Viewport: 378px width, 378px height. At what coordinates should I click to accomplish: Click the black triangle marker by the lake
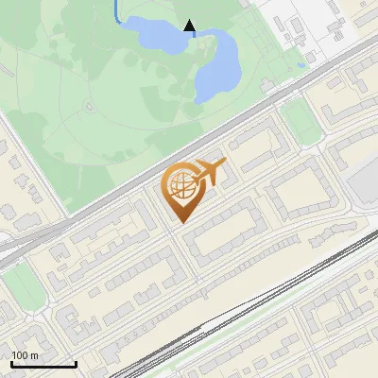point(189,26)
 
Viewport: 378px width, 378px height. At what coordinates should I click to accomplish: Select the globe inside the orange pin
point(180,188)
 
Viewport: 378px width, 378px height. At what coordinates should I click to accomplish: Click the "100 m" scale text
point(26,355)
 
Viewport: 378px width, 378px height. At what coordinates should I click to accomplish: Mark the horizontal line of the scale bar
point(43,365)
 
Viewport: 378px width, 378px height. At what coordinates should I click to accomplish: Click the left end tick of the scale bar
point(11,362)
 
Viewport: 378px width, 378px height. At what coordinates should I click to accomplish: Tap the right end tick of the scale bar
point(76,362)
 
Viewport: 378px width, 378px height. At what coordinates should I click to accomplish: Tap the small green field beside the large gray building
point(300,117)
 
